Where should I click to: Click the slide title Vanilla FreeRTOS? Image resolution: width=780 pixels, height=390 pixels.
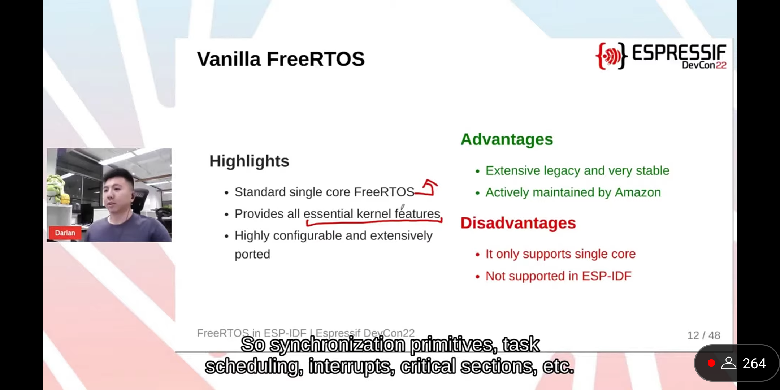coord(281,59)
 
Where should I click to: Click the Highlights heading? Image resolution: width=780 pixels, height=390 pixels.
coord(249,161)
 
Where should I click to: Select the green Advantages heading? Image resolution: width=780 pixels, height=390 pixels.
coord(507,139)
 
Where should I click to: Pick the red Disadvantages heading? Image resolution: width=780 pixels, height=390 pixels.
coord(518,223)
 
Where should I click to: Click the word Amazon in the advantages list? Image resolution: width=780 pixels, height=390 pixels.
coord(638,192)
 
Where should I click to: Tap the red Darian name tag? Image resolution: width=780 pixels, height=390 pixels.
coord(65,233)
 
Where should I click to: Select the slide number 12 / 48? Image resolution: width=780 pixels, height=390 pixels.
coord(703,335)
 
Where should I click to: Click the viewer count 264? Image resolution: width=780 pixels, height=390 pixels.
coord(754,364)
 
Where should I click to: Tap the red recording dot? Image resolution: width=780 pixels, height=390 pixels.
coord(711,363)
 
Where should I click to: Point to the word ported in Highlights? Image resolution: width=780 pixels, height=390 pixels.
coord(252,255)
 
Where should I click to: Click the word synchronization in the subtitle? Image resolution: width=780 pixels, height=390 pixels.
coord(338,344)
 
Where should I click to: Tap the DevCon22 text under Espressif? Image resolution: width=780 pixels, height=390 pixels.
coord(704,65)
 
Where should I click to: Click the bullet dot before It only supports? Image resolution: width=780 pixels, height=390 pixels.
coord(478,255)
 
